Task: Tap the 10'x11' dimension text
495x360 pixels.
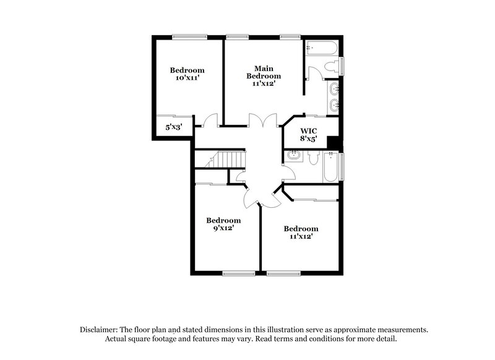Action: (187, 79)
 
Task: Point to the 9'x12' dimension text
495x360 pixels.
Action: (223, 228)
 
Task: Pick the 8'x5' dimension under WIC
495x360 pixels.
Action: (308, 139)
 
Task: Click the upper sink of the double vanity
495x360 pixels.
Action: (334, 88)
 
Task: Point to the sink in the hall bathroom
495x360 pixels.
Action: (291, 159)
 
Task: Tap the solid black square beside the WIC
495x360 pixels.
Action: (333, 143)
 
